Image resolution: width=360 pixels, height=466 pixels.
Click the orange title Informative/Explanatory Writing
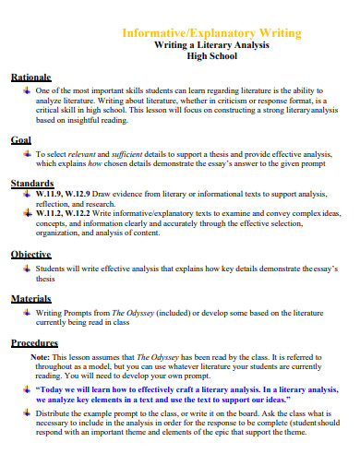click(212, 33)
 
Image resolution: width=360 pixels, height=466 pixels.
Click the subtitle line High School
click(212, 58)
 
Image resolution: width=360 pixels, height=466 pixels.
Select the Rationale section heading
click(30, 78)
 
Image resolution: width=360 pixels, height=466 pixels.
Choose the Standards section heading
click(31, 184)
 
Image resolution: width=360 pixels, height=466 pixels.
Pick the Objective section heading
click(30, 254)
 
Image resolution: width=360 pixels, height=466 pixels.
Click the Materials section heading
click(30, 299)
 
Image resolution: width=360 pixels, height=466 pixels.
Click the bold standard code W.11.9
click(52, 195)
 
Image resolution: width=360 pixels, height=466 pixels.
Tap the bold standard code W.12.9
click(84, 195)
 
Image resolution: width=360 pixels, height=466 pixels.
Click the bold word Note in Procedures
click(41, 355)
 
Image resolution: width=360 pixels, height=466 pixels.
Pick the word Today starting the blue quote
click(53, 391)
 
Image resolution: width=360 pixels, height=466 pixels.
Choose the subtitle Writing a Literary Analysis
click(212, 46)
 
